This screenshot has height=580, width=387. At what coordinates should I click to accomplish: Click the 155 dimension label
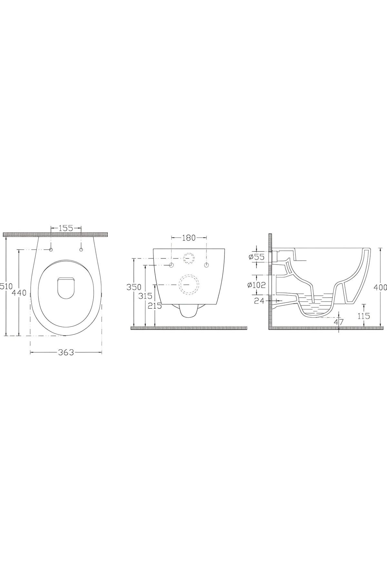tap(66, 228)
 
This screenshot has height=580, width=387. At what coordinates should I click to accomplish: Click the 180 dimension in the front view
tap(189, 238)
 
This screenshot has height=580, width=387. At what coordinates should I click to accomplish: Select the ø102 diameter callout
tap(256, 285)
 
